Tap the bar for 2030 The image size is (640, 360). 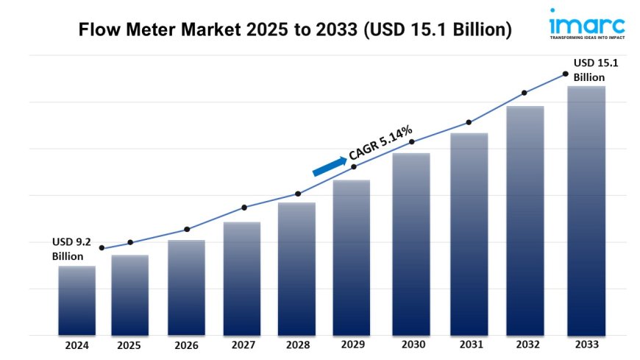(411, 244)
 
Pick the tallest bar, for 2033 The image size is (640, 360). (586, 211)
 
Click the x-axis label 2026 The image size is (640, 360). (187, 345)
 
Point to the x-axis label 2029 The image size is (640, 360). (353, 345)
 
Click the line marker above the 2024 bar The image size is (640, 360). (102, 248)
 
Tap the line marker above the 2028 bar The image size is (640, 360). (298, 194)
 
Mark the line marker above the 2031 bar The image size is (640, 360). (468, 122)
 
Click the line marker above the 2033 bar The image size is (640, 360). (565, 74)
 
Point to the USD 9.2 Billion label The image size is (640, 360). (72, 249)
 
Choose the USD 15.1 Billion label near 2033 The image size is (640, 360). (595, 70)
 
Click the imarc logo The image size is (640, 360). (586, 22)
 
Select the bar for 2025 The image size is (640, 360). (130, 294)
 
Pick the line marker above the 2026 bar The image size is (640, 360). (187, 229)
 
